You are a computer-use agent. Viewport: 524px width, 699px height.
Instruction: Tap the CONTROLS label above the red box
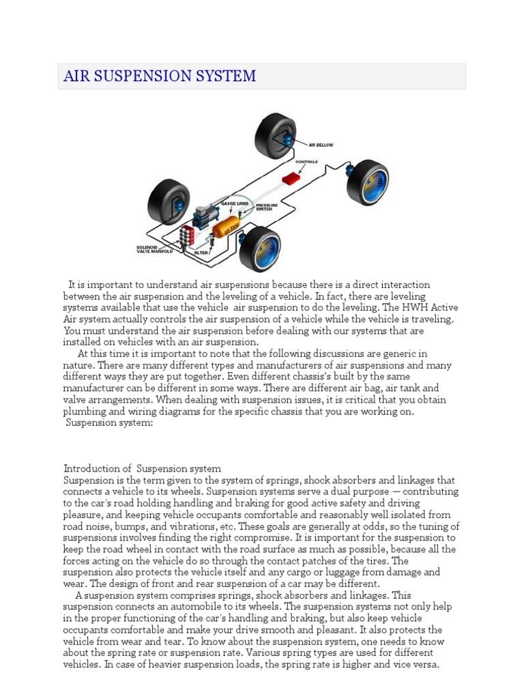tap(307, 162)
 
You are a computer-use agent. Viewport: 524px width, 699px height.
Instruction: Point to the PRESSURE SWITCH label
tap(265, 207)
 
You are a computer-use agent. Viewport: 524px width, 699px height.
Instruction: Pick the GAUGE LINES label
tap(233, 203)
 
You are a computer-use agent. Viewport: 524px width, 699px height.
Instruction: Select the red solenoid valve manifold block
tap(186, 237)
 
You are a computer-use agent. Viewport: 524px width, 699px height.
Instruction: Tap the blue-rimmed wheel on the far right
tap(368, 182)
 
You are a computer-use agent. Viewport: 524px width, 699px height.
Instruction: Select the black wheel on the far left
tap(168, 205)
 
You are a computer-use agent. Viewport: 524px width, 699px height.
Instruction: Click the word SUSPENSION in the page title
tap(141, 76)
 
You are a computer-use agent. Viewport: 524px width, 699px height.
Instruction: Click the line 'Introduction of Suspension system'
tap(142, 469)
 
